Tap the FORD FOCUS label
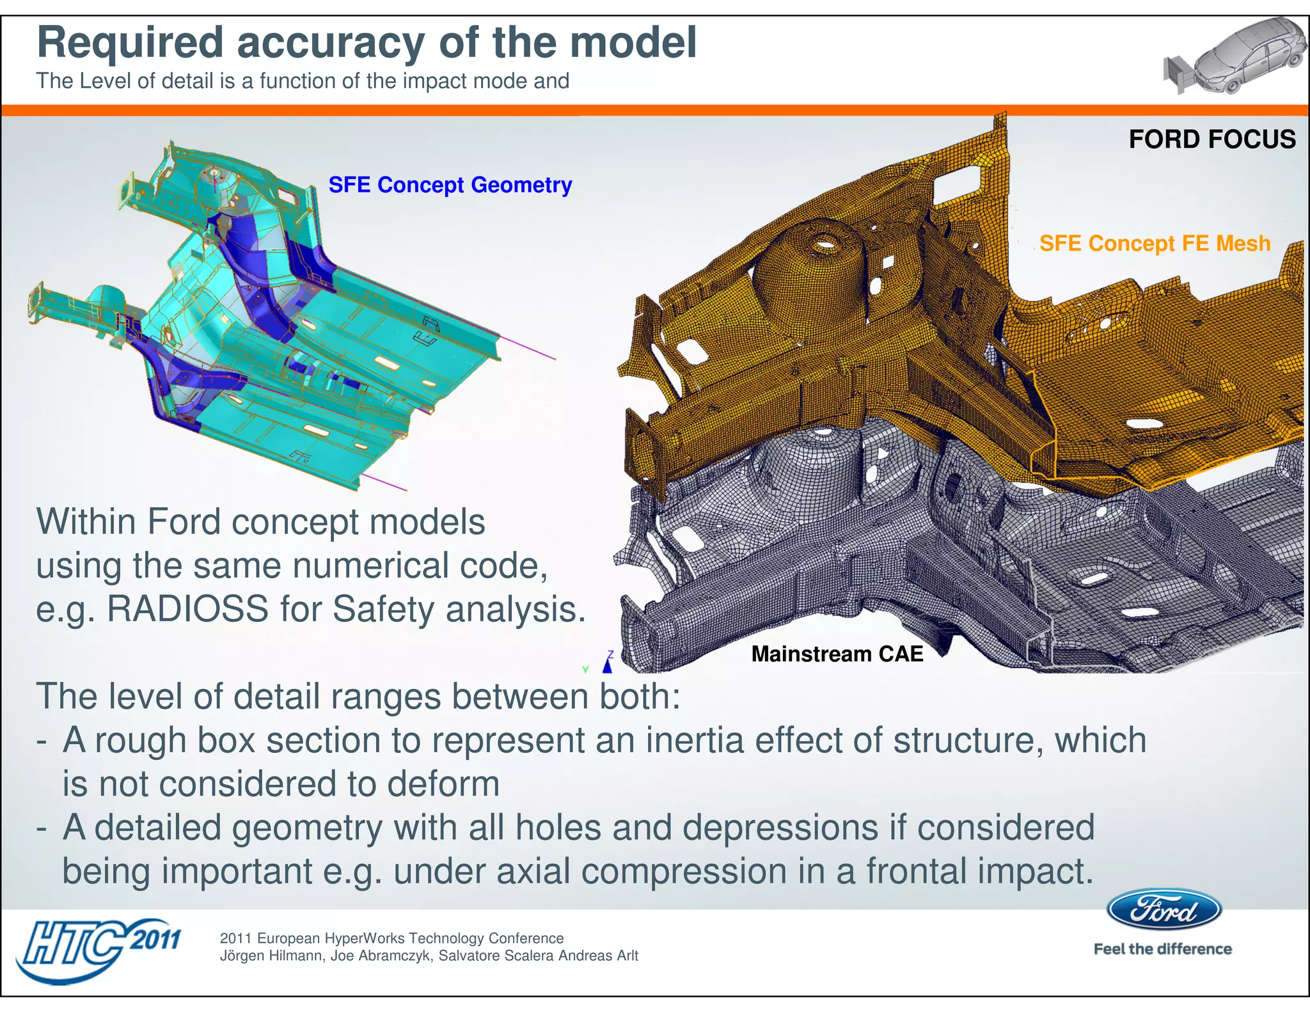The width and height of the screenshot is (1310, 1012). [x=1211, y=139]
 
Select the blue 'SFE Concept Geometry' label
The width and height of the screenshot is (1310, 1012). [x=450, y=185]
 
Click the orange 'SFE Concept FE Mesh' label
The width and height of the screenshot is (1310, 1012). [x=1155, y=244]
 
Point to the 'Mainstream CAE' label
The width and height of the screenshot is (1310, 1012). [x=837, y=654]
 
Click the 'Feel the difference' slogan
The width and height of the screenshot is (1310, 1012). [x=1162, y=949]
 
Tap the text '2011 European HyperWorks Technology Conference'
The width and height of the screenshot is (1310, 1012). [x=391, y=938]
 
